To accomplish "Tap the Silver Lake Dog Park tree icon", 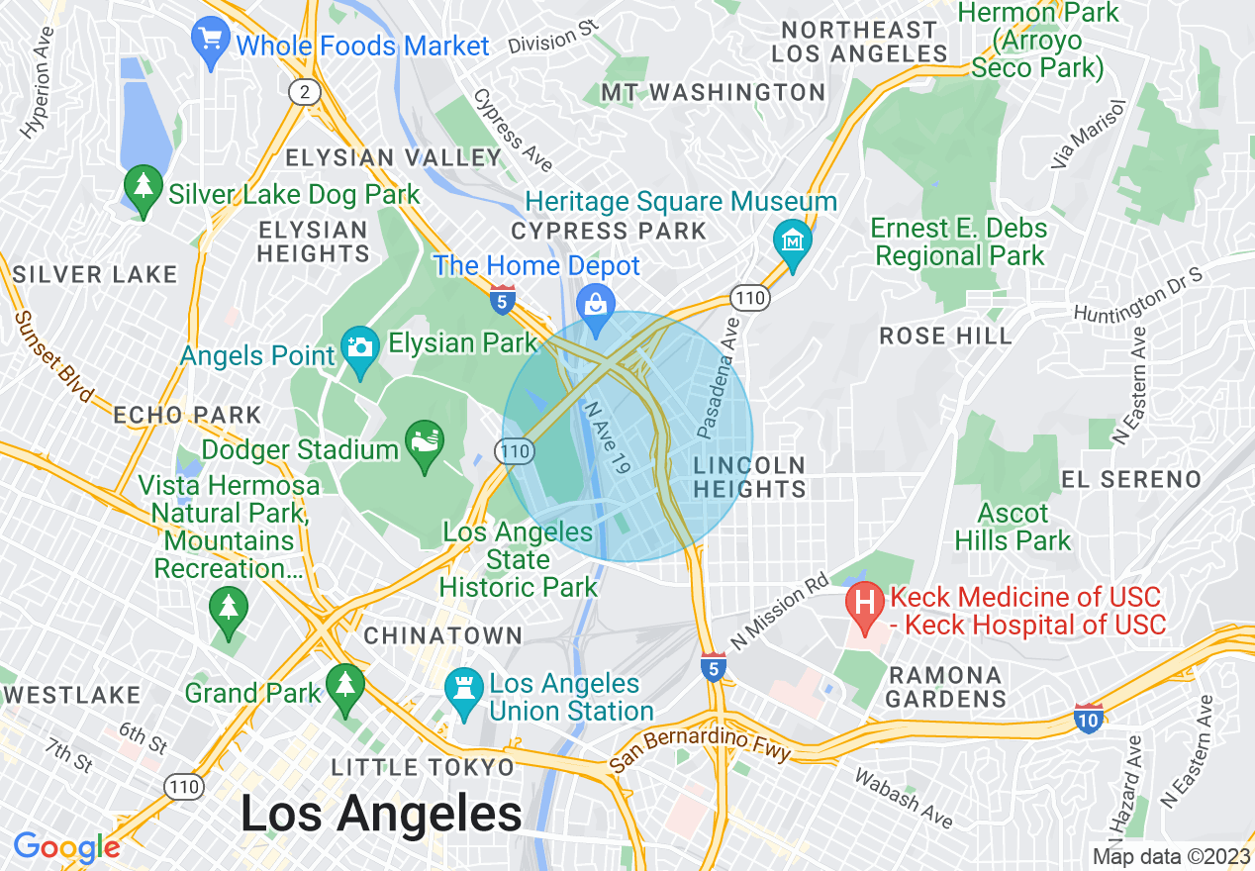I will point(144,188).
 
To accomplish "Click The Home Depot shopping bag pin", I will point(595,303).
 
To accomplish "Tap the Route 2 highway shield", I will point(305,92).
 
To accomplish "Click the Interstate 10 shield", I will point(1088,720).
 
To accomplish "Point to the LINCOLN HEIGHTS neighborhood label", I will point(749,477).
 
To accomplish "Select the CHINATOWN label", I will point(442,635).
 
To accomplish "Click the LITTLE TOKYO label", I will point(423,767).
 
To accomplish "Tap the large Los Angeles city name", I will point(381,815).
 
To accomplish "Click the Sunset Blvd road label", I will point(52,356).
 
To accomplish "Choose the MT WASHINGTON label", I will point(713,93).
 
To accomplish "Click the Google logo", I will point(66,847).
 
